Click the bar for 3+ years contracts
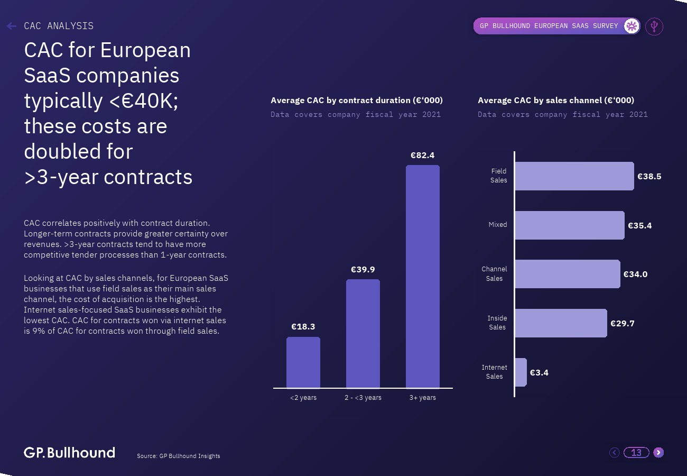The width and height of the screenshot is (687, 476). [x=422, y=277]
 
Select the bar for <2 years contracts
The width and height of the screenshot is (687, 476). [x=303, y=362]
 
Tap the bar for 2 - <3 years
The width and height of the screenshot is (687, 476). [x=363, y=334]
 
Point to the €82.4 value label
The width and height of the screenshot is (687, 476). [x=422, y=155]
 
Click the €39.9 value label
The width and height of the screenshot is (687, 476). [x=363, y=270]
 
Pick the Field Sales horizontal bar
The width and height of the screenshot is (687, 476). [x=574, y=176]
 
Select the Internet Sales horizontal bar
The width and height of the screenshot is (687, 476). [x=521, y=372]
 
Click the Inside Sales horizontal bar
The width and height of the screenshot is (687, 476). [x=561, y=323]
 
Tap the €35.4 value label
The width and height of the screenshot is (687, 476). [x=639, y=226]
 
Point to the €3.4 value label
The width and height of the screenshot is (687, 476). [x=539, y=373]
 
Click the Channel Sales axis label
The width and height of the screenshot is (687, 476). [x=494, y=274]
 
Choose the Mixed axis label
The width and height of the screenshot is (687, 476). [x=497, y=225]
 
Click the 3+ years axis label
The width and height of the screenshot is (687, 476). [x=422, y=398]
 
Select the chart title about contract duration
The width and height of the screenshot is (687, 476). [x=357, y=100]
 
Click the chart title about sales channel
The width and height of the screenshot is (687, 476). [x=556, y=100]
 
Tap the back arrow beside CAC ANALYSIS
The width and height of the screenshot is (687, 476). [x=12, y=26]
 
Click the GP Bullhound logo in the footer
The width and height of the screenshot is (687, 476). [x=69, y=453]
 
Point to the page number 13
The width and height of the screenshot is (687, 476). [x=636, y=453]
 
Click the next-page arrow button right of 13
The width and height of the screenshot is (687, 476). [x=658, y=452]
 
